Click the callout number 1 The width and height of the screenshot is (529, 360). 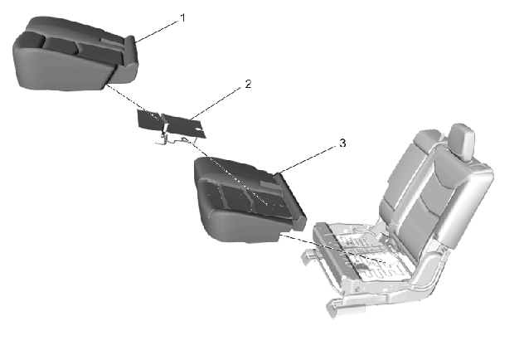(183, 18)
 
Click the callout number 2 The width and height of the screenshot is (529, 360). (248, 84)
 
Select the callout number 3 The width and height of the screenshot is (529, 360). (342, 143)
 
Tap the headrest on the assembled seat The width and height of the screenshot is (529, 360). (462, 141)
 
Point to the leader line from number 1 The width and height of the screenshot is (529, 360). (157, 32)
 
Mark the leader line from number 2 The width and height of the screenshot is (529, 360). (216, 104)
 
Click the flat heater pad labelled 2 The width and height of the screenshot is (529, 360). (172, 124)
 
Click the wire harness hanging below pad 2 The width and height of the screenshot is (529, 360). (172, 139)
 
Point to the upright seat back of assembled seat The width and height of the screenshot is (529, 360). (435, 189)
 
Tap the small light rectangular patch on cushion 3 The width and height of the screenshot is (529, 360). (269, 183)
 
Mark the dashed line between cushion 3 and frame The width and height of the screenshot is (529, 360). (334, 249)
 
